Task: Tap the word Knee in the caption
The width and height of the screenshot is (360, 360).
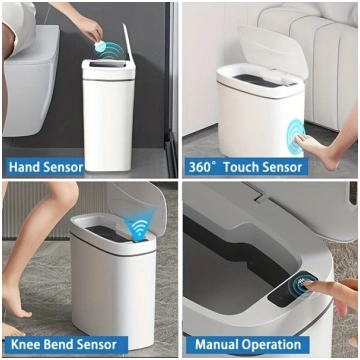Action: point(24,345)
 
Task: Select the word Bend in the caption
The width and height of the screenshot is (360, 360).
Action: point(56,345)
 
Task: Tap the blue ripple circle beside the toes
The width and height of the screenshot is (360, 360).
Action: point(295,137)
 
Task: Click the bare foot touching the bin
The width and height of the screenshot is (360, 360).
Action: point(318,147)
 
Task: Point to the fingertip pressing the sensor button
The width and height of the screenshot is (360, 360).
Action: point(307,284)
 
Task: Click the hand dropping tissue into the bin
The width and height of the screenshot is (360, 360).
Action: point(88,27)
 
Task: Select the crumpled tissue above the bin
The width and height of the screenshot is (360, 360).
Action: point(99,46)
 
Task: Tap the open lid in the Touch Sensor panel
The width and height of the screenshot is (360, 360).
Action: point(272,50)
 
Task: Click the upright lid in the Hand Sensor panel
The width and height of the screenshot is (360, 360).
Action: point(129,43)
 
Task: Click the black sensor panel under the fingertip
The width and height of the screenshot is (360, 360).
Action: point(292,289)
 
